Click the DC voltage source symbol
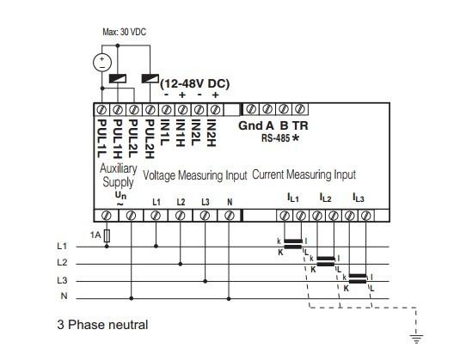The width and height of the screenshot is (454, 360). click(x=102, y=63)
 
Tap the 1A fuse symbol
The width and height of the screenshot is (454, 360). click(x=107, y=236)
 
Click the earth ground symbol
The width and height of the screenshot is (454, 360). click(x=416, y=339)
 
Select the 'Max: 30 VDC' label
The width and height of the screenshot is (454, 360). click(x=124, y=32)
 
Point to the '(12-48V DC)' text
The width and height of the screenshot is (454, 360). click(x=195, y=83)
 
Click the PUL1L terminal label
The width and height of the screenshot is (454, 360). click(x=101, y=138)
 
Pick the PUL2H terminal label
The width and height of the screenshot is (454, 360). click(x=149, y=139)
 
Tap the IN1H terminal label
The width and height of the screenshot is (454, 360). click(x=181, y=133)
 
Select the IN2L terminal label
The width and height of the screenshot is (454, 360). click(x=196, y=133)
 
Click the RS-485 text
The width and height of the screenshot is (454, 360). click(x=275, y=138)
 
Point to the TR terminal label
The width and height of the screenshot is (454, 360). click(x=300, y=125)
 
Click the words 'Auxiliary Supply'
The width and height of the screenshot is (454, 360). click(x=118, y=175)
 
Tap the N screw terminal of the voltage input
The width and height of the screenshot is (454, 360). click(x=230, y=216)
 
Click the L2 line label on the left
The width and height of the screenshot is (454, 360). click(x=62, y=262)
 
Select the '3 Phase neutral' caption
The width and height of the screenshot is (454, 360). click(x=102, y=325)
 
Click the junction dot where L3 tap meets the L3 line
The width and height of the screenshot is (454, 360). click(x=206, y=281)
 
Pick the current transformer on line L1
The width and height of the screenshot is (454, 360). click(x=293, y=244)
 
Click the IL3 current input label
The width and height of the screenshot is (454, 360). click(x=359, y=198)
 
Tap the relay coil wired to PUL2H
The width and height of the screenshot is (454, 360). click(x=150, y=78)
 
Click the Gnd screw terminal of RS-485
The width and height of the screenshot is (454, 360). click(x=251, y=109)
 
